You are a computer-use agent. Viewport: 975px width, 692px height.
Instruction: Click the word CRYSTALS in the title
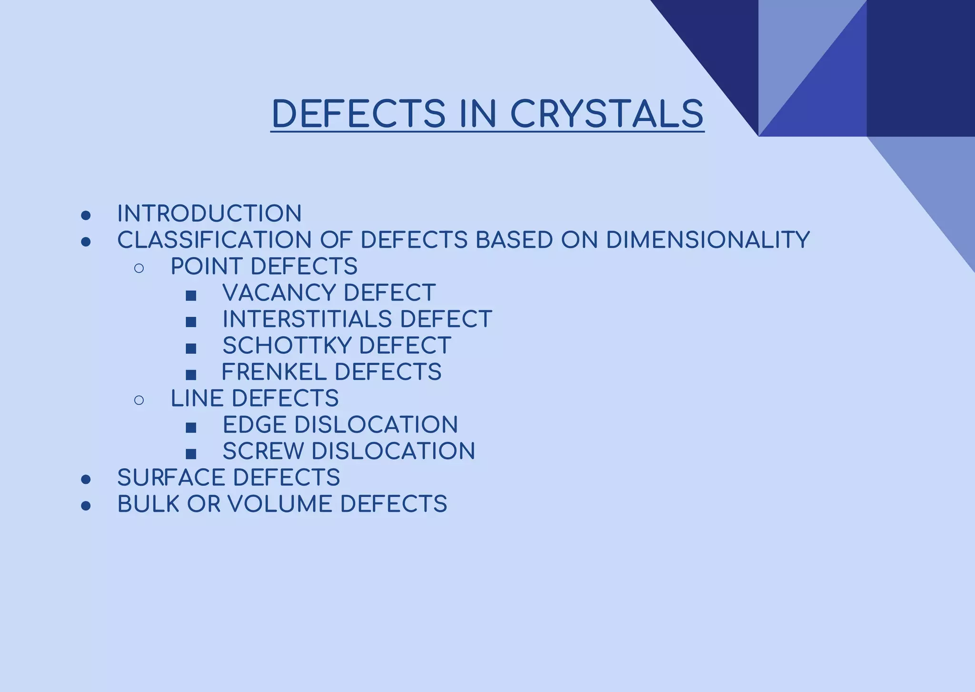point(607,114)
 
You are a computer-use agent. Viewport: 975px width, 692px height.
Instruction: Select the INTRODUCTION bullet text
point(209,213)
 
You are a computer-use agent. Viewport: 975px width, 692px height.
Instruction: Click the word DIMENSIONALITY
point(707,240)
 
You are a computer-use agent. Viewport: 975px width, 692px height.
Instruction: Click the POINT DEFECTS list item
point(264,266)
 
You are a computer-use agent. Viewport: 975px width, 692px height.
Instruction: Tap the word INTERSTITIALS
point(307,319)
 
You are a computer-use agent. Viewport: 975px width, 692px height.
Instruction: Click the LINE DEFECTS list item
point(254,398)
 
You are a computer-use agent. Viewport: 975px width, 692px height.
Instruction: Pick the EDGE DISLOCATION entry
point(340,425)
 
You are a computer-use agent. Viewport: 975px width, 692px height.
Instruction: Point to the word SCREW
point(263,451)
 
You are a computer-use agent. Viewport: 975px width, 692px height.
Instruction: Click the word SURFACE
point(171,478)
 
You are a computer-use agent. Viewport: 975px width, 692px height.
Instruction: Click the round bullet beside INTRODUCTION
point(86,216)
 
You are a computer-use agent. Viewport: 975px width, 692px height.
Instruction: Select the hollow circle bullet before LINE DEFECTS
point(139,400)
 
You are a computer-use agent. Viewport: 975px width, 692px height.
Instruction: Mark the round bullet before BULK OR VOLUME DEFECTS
point(86,506)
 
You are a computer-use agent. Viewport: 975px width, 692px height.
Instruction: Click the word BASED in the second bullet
point(514,240)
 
